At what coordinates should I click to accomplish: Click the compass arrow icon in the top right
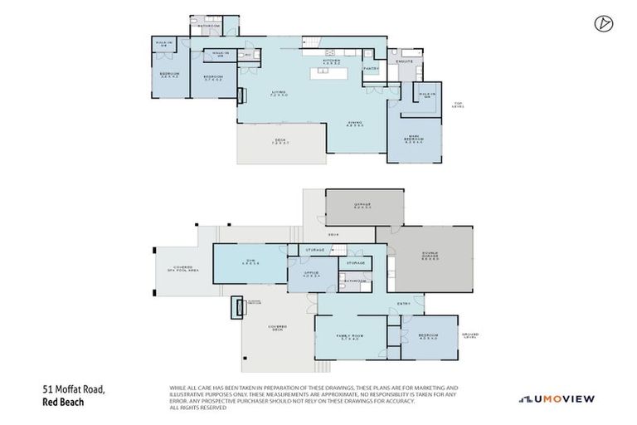pos(602,24)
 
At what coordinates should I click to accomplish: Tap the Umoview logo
pos(557,398)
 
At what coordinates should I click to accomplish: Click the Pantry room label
pos(372,69)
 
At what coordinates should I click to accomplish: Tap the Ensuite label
pos(405,62)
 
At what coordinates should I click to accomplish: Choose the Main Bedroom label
pos(415,139)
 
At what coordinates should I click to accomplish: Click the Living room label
pos(279,94)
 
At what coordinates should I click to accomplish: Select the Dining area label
pos(355,125)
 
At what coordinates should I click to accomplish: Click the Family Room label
pos(349,337)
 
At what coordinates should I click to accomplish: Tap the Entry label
pos(404,304)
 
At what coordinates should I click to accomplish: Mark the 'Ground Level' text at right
pos(470,335)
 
